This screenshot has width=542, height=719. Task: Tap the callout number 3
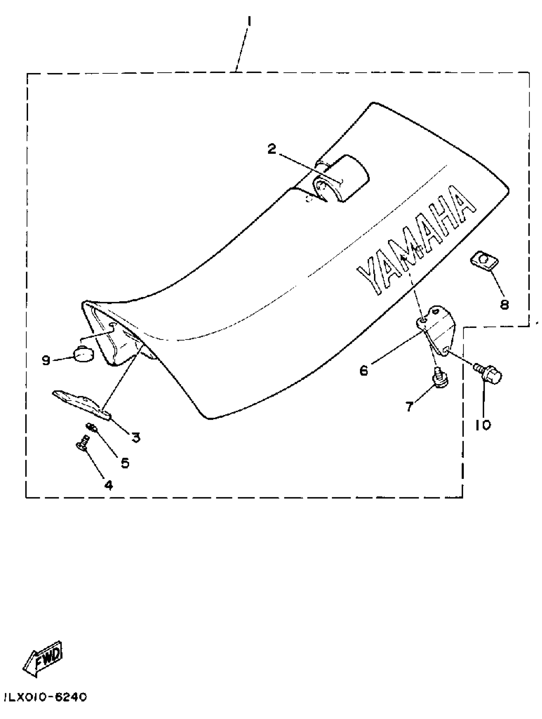click(x=136, y=437)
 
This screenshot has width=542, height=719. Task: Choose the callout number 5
click(x=125, y=463)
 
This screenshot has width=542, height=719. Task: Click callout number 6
click(x=363, y=370)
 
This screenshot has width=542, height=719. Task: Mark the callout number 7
click(x=409, y=406)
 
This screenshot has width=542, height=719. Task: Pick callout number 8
click(x=504, y=304)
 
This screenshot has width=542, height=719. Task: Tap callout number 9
click(x=46, y=360)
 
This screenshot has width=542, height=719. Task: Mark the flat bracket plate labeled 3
click(x=82, y=404)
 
